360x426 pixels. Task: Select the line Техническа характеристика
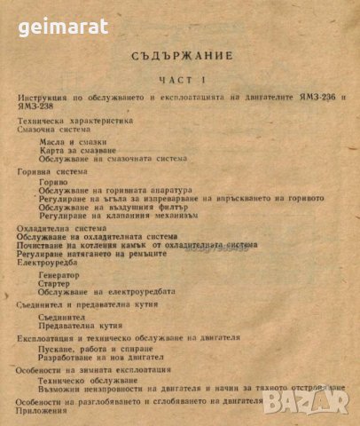[x=74, y=119]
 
